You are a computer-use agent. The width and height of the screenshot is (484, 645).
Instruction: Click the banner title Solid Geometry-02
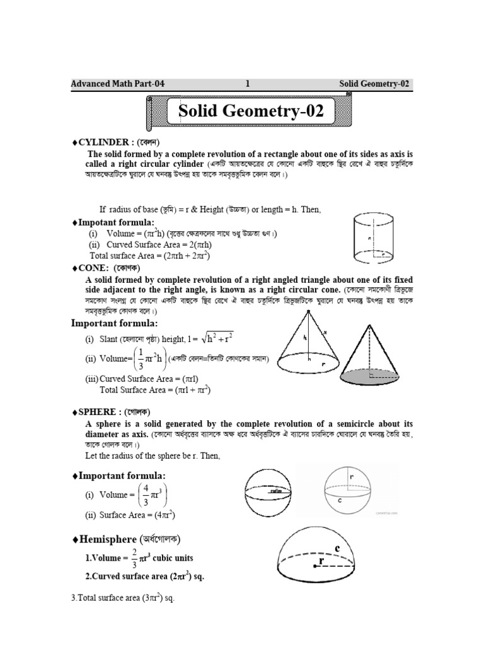pos(251,113)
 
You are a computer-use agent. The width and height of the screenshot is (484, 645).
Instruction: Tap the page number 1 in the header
pos(248,83)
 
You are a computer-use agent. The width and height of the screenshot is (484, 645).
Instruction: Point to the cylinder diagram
pos(372,239)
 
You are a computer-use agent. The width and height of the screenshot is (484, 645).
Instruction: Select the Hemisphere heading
pos(129,539)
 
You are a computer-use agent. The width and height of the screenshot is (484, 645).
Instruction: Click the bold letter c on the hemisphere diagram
pos(337,549)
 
